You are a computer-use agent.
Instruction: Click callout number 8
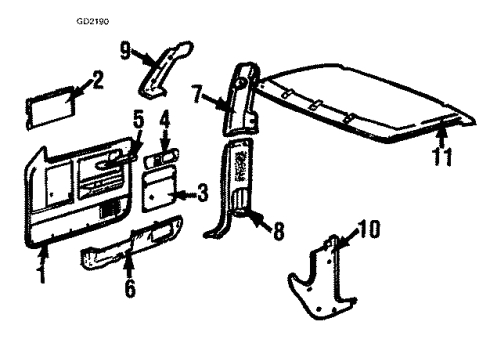(x=277, y=229)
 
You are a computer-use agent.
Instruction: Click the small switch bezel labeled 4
(x=161, y=157)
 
